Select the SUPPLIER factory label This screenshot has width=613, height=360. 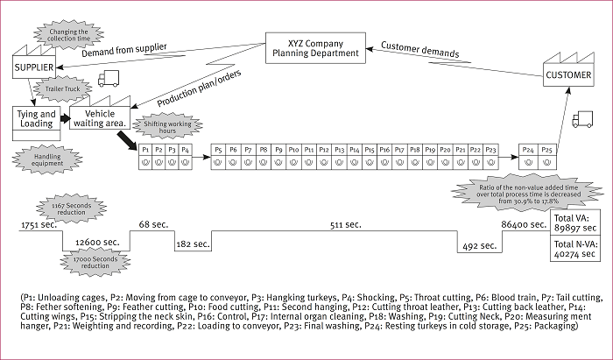[x=34, y=67]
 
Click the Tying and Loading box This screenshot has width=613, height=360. [x=37, y=118]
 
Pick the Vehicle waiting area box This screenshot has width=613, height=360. [x=101, y=118]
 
